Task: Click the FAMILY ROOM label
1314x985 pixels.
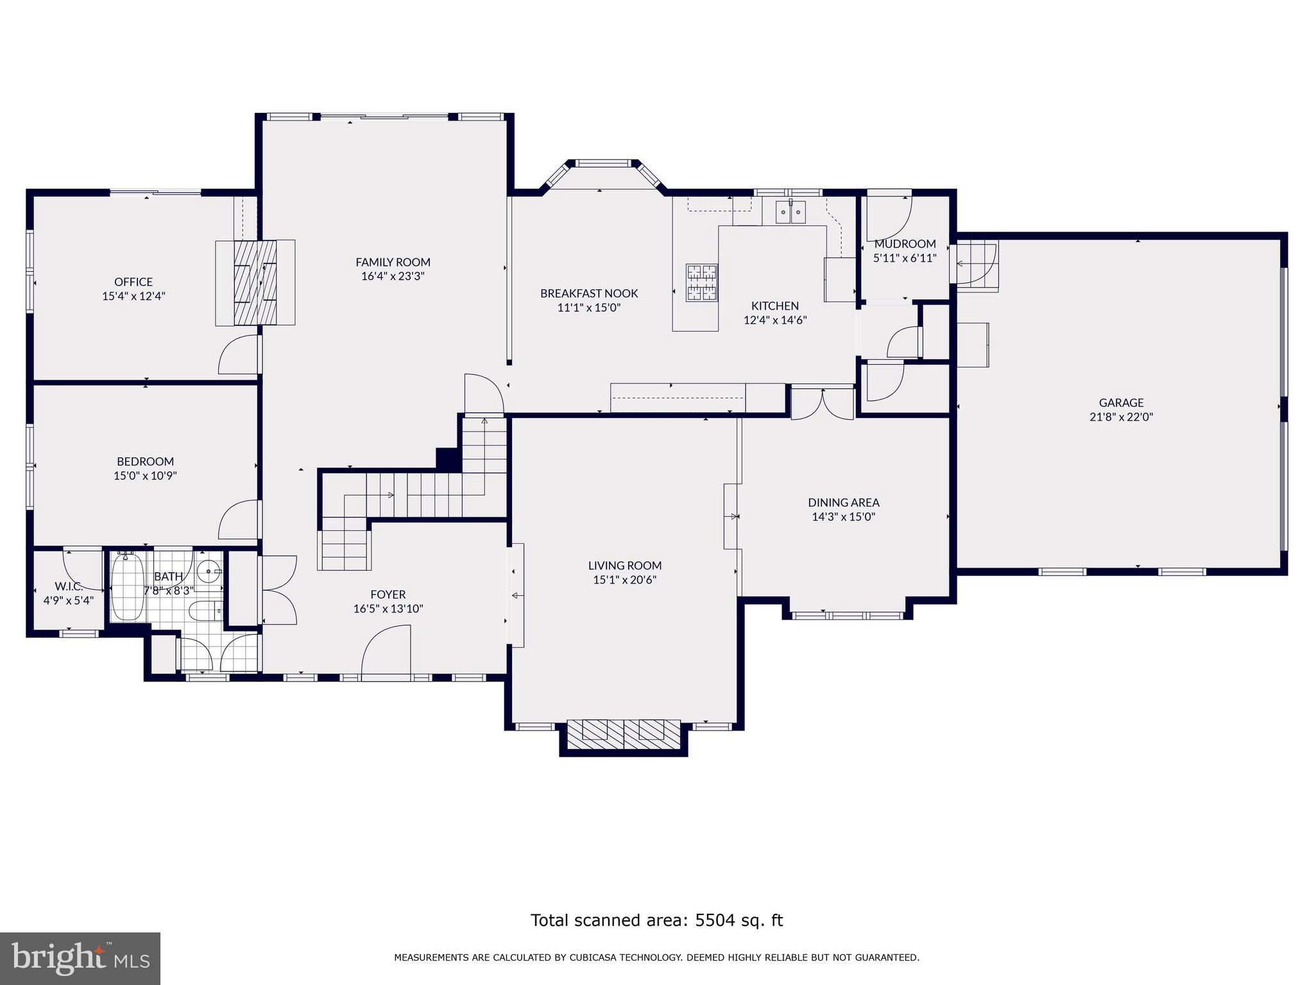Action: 393,262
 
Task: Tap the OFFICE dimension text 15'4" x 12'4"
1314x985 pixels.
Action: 133,296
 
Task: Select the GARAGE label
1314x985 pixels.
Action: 1121,403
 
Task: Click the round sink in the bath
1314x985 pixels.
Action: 209,569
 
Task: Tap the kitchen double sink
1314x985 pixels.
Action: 790,212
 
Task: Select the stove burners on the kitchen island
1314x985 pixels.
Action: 701,283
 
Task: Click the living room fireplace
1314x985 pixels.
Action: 624,734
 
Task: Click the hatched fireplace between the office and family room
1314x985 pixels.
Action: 255,282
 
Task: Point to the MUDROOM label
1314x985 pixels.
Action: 905,244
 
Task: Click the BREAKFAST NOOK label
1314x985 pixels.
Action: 589,293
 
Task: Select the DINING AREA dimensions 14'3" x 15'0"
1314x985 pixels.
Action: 843,517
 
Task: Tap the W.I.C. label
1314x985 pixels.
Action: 68,586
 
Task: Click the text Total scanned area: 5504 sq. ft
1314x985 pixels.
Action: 656,920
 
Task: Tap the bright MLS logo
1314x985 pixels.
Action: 80,958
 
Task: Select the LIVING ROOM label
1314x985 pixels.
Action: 624,566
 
